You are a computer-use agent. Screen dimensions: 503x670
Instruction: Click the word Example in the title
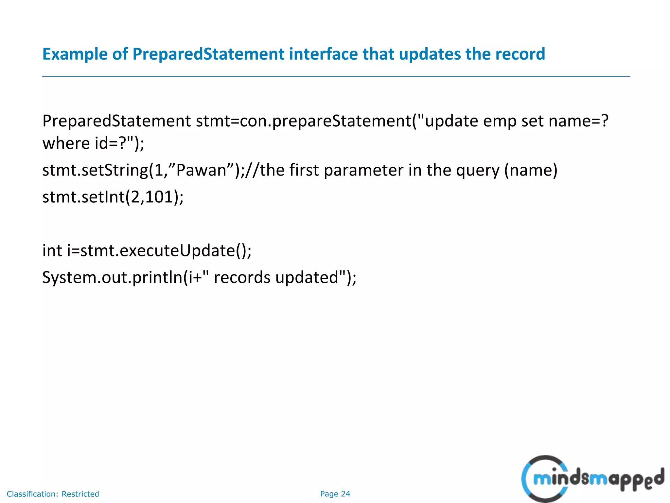75,54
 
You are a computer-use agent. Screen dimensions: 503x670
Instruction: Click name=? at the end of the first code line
578,121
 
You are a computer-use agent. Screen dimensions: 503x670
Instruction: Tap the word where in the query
66,143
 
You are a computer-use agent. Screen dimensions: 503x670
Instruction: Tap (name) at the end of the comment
531,170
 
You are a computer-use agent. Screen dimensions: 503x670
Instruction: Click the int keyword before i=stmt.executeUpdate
52,251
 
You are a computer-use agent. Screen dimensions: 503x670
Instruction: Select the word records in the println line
242,278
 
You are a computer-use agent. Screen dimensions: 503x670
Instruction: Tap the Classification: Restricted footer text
53,494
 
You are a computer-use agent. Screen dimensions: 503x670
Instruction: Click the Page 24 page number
335,494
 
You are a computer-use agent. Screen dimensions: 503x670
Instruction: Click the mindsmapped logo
592,479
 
